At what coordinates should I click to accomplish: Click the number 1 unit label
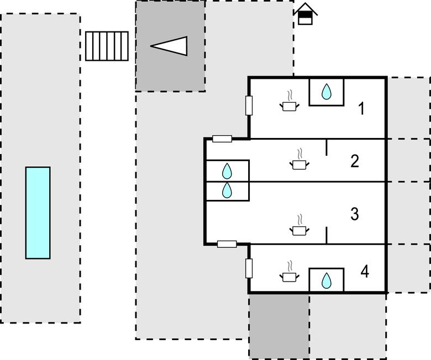tap(361, 109)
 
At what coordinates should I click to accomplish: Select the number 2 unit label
tap(355, 161)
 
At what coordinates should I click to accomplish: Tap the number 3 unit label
tap(355, 214)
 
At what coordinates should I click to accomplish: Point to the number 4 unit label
tap(365, 272)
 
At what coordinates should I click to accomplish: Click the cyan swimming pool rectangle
tap(38, 213)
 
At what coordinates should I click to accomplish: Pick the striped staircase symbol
tap(107, 46)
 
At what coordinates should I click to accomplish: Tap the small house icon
tap(306, 14)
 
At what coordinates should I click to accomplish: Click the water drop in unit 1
tap(327, 91)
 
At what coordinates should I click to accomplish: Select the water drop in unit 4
tap(327, 281)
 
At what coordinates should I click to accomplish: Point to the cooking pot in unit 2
tap(299, 163)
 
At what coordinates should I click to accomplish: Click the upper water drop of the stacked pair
tap(227, 171)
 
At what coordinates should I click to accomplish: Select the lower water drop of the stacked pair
tap(227, 191)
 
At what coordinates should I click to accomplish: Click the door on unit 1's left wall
tap(249, 105)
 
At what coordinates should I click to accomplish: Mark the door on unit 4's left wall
tap(249, 268)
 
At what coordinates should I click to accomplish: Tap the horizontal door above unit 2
tap(222, 139)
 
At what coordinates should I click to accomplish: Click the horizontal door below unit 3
tap(227, 243)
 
